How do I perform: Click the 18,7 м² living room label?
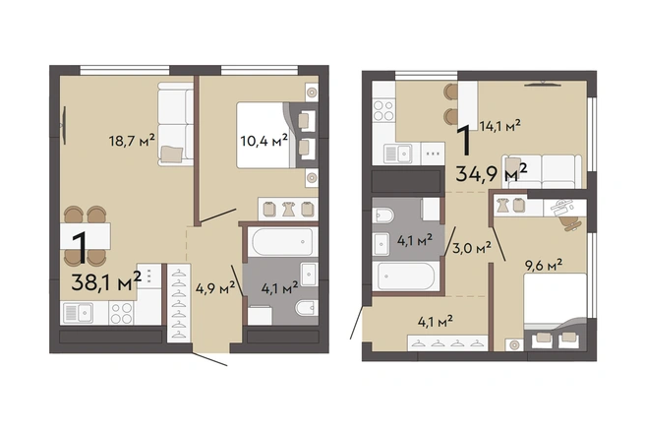(132, 141)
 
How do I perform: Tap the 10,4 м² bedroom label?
(264, 141)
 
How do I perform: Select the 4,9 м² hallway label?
(215, 287)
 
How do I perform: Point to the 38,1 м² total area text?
(106, 281)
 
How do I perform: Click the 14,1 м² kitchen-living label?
(500, 125)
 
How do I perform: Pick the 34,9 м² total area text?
(492, 173)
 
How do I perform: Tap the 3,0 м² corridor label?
(472, 248)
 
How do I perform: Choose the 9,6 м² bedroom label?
(544, 266)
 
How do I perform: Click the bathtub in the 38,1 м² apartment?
(282, 242)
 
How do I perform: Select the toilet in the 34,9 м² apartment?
(383, 215)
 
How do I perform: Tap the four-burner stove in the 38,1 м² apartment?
(121, 313)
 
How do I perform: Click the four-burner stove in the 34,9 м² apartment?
(383, 110)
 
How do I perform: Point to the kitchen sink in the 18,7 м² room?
(78, 313)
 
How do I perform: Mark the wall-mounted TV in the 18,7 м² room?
(64, 125)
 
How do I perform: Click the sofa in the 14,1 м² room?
(541, 171)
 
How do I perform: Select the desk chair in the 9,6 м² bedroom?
(570, 222)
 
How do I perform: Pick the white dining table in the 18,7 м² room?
(86, 236)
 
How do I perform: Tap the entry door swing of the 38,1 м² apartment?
(209, 359)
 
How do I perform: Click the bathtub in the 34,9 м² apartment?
(406, 276)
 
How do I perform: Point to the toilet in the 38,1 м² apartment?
(307, 307)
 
